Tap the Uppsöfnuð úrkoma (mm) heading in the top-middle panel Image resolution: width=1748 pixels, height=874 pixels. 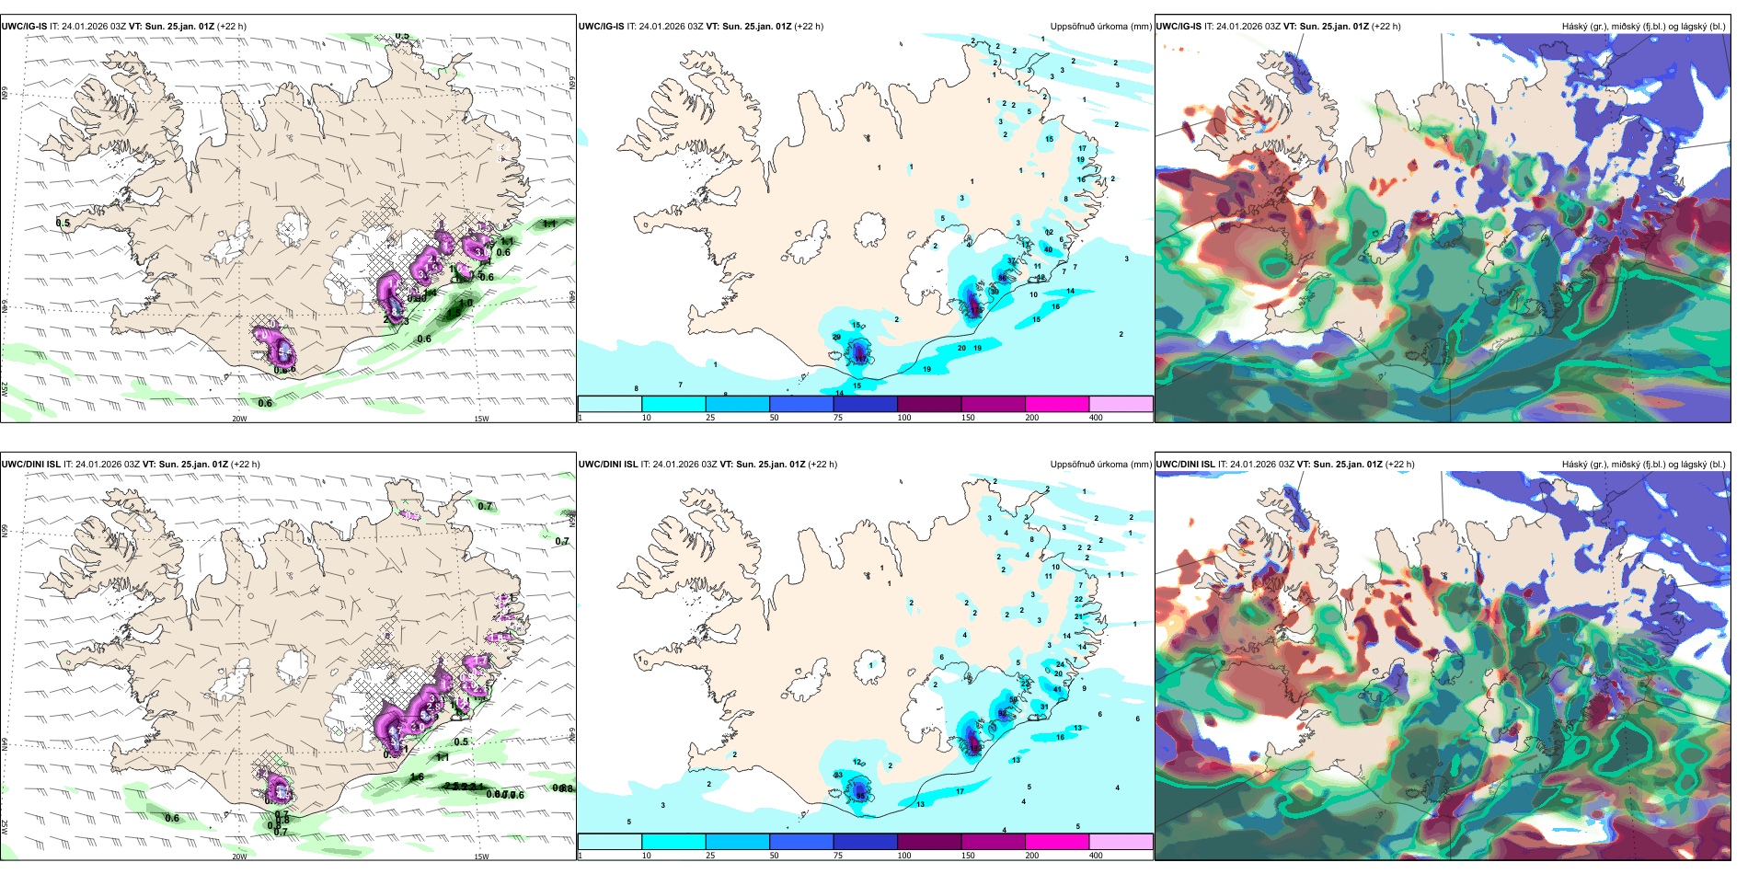[x=1100, y=27]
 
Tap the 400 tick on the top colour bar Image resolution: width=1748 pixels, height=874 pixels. [x=1096, y=418]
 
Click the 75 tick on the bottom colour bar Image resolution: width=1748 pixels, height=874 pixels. [x=837, y=856]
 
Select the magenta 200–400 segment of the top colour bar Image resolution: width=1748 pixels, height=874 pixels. [x=1056, y=404]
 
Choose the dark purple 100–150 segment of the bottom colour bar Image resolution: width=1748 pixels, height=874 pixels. [x=928, y=842]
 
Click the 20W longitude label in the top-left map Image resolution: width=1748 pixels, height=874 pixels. [x=239, y=419]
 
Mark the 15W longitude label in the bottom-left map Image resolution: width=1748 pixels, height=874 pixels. [x=481, y=857]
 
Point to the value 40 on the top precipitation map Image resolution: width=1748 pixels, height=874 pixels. [x=1048, y=249]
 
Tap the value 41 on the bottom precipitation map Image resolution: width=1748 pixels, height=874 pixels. [x=1057, y=689]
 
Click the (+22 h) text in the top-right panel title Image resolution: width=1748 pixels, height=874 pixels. [x=1386, y=27]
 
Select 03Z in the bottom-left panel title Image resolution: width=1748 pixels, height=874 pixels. [x=132, y=465]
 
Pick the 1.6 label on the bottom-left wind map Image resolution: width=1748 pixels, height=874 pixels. [x=417, y=777]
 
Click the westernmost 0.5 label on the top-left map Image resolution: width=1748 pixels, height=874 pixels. [x=63, y=224]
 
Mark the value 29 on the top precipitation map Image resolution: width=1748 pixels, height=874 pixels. [x=836, y=338]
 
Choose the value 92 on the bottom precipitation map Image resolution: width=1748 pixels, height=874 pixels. [x=1002, y=714]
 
